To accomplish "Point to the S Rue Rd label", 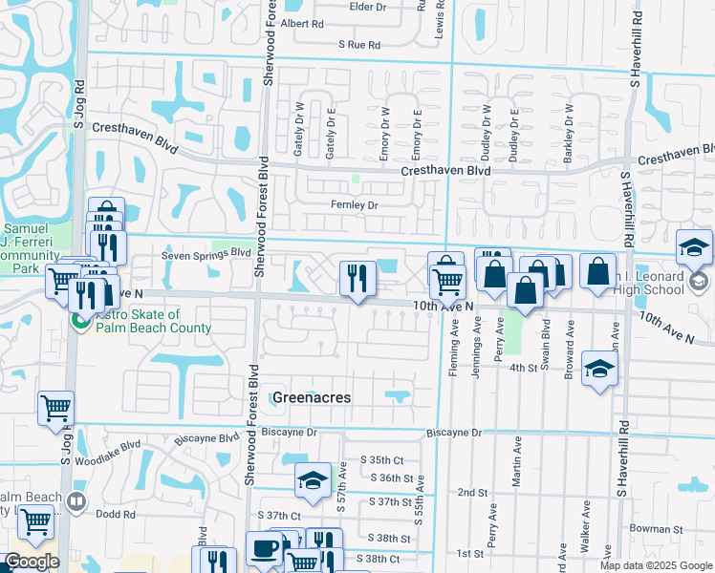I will click(359, 45).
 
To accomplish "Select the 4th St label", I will click(523, 367).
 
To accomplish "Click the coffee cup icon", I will click(264, 548).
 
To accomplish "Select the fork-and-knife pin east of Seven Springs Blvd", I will click(357, 279).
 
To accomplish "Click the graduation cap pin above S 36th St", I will click(313, 481).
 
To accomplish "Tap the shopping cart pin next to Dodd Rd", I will click(35, 522).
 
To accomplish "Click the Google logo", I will click(32, 562).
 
